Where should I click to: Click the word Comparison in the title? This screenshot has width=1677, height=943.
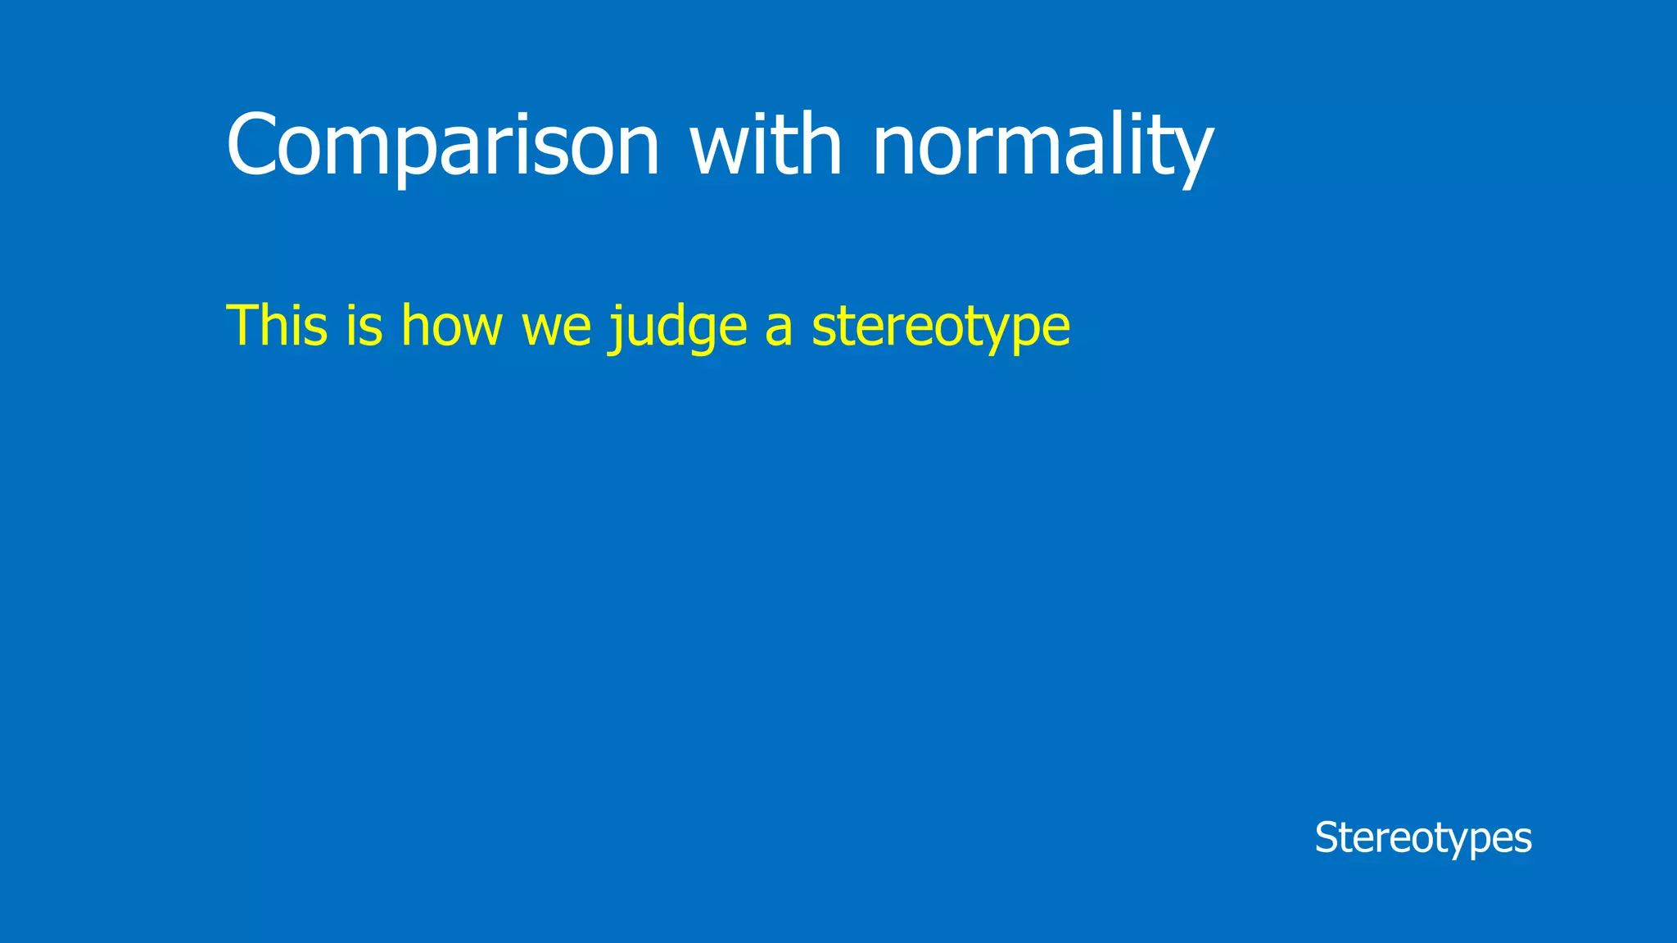coord(442,146)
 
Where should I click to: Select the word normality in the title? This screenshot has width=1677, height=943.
coord(1042,146)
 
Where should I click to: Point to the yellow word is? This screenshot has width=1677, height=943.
coord(364,326)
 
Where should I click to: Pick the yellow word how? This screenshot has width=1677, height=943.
coord(451,326)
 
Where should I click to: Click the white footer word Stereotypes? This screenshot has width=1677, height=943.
coord(1422,838)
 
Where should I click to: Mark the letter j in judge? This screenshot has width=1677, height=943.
coord(615,329)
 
